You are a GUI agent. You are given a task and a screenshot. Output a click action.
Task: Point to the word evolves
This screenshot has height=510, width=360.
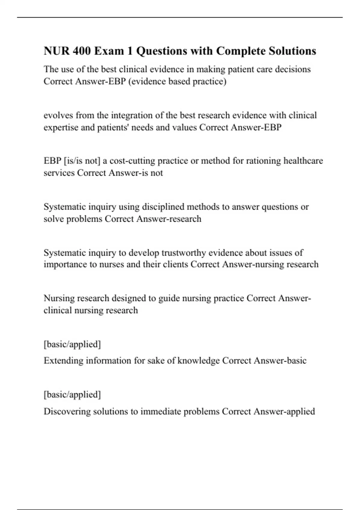pyautogui.click(x=58, y=115)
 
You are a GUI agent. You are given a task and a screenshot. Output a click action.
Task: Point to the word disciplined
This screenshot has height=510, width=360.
pyautogui.click(x=163, y=207)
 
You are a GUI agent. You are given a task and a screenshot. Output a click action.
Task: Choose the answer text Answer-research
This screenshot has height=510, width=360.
pyautogui.click(x=169, y=219)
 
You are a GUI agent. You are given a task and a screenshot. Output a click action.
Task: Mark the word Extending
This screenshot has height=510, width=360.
pyautogui.click(x=63, y=361)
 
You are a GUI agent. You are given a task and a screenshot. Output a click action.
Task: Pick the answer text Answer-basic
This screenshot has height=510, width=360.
pyautogui.click(x=280, y=361)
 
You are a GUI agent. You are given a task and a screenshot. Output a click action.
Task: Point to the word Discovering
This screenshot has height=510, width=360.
pyautogui.click(x=67, y=411)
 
